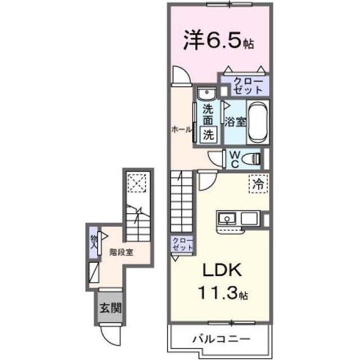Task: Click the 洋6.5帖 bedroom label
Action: tap(219, 40)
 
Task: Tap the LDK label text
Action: tap(222, 269)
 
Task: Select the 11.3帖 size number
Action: tap(223, 292)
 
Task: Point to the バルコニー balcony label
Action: tap(221, 339)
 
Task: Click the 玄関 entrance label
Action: tap(110, 308)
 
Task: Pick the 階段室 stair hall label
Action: tap(121, 253)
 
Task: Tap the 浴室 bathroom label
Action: tap(235, 121)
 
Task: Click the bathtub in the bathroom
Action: tap(258, 122)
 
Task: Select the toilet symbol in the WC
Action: tap(250, 159)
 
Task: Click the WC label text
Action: tap(235, 160)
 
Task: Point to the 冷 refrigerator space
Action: tap(258, 183)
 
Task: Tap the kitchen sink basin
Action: tap(227, 218)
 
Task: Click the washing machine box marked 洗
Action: tap(209, 135)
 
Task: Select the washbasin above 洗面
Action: tap(206, 93)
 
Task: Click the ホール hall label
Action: tap(181, 130)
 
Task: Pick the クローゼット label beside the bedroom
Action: tap(249, 85)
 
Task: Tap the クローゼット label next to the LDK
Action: tap(182, 244)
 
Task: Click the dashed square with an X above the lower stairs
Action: tap(137, 183)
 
